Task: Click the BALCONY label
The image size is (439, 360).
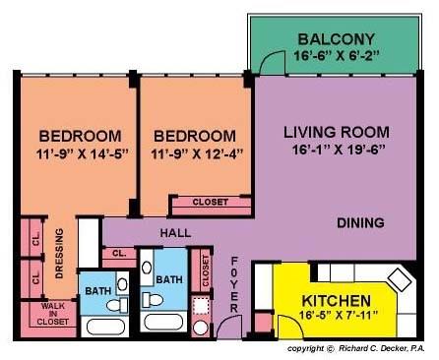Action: coord(337,39)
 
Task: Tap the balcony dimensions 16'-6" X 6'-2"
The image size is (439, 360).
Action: coord(337,55)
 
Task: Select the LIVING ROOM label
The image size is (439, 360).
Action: coord(337,132)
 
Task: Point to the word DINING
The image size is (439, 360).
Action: coord(360,223)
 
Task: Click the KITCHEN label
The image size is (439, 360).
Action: coord(337,301)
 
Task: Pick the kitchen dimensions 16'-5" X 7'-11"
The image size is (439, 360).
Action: coord(339,316)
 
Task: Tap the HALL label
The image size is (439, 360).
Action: coord(175,233)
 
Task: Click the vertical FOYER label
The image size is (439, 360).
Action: coord(234,284)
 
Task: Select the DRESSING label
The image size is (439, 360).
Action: coord(59,254)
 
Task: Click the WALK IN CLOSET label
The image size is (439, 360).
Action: coord(53,314)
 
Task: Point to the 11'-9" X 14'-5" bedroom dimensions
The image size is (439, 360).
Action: coord(82,153)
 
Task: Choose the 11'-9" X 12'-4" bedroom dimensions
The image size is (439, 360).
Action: coord(197,153)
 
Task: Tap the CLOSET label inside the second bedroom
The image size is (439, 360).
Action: coord(210,202)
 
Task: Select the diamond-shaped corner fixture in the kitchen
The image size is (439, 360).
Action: coord(400,279)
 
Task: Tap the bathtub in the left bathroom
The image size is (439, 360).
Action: coord(105,328)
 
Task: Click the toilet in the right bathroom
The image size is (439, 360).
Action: coord(153,300)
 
